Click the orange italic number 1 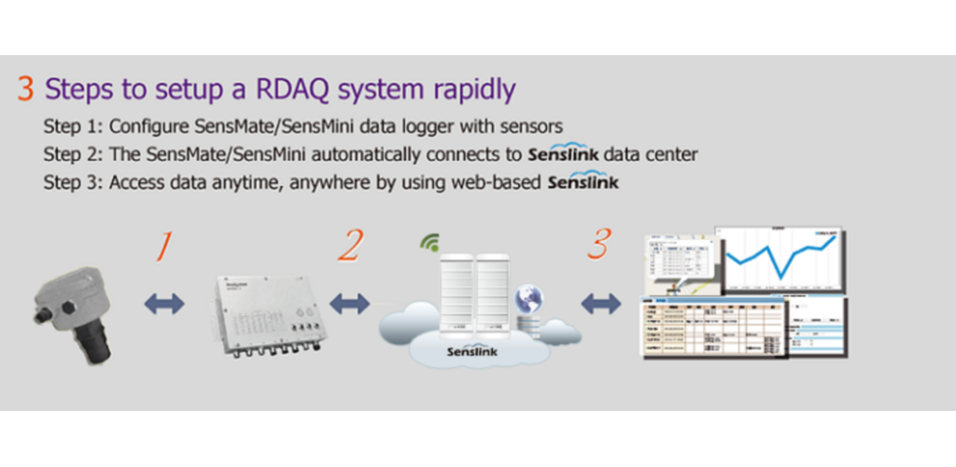pos(164,246)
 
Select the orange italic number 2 pos(349,246)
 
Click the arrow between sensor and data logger pos(164,303)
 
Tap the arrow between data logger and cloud pos(350,303)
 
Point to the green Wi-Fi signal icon pos(430,246)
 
